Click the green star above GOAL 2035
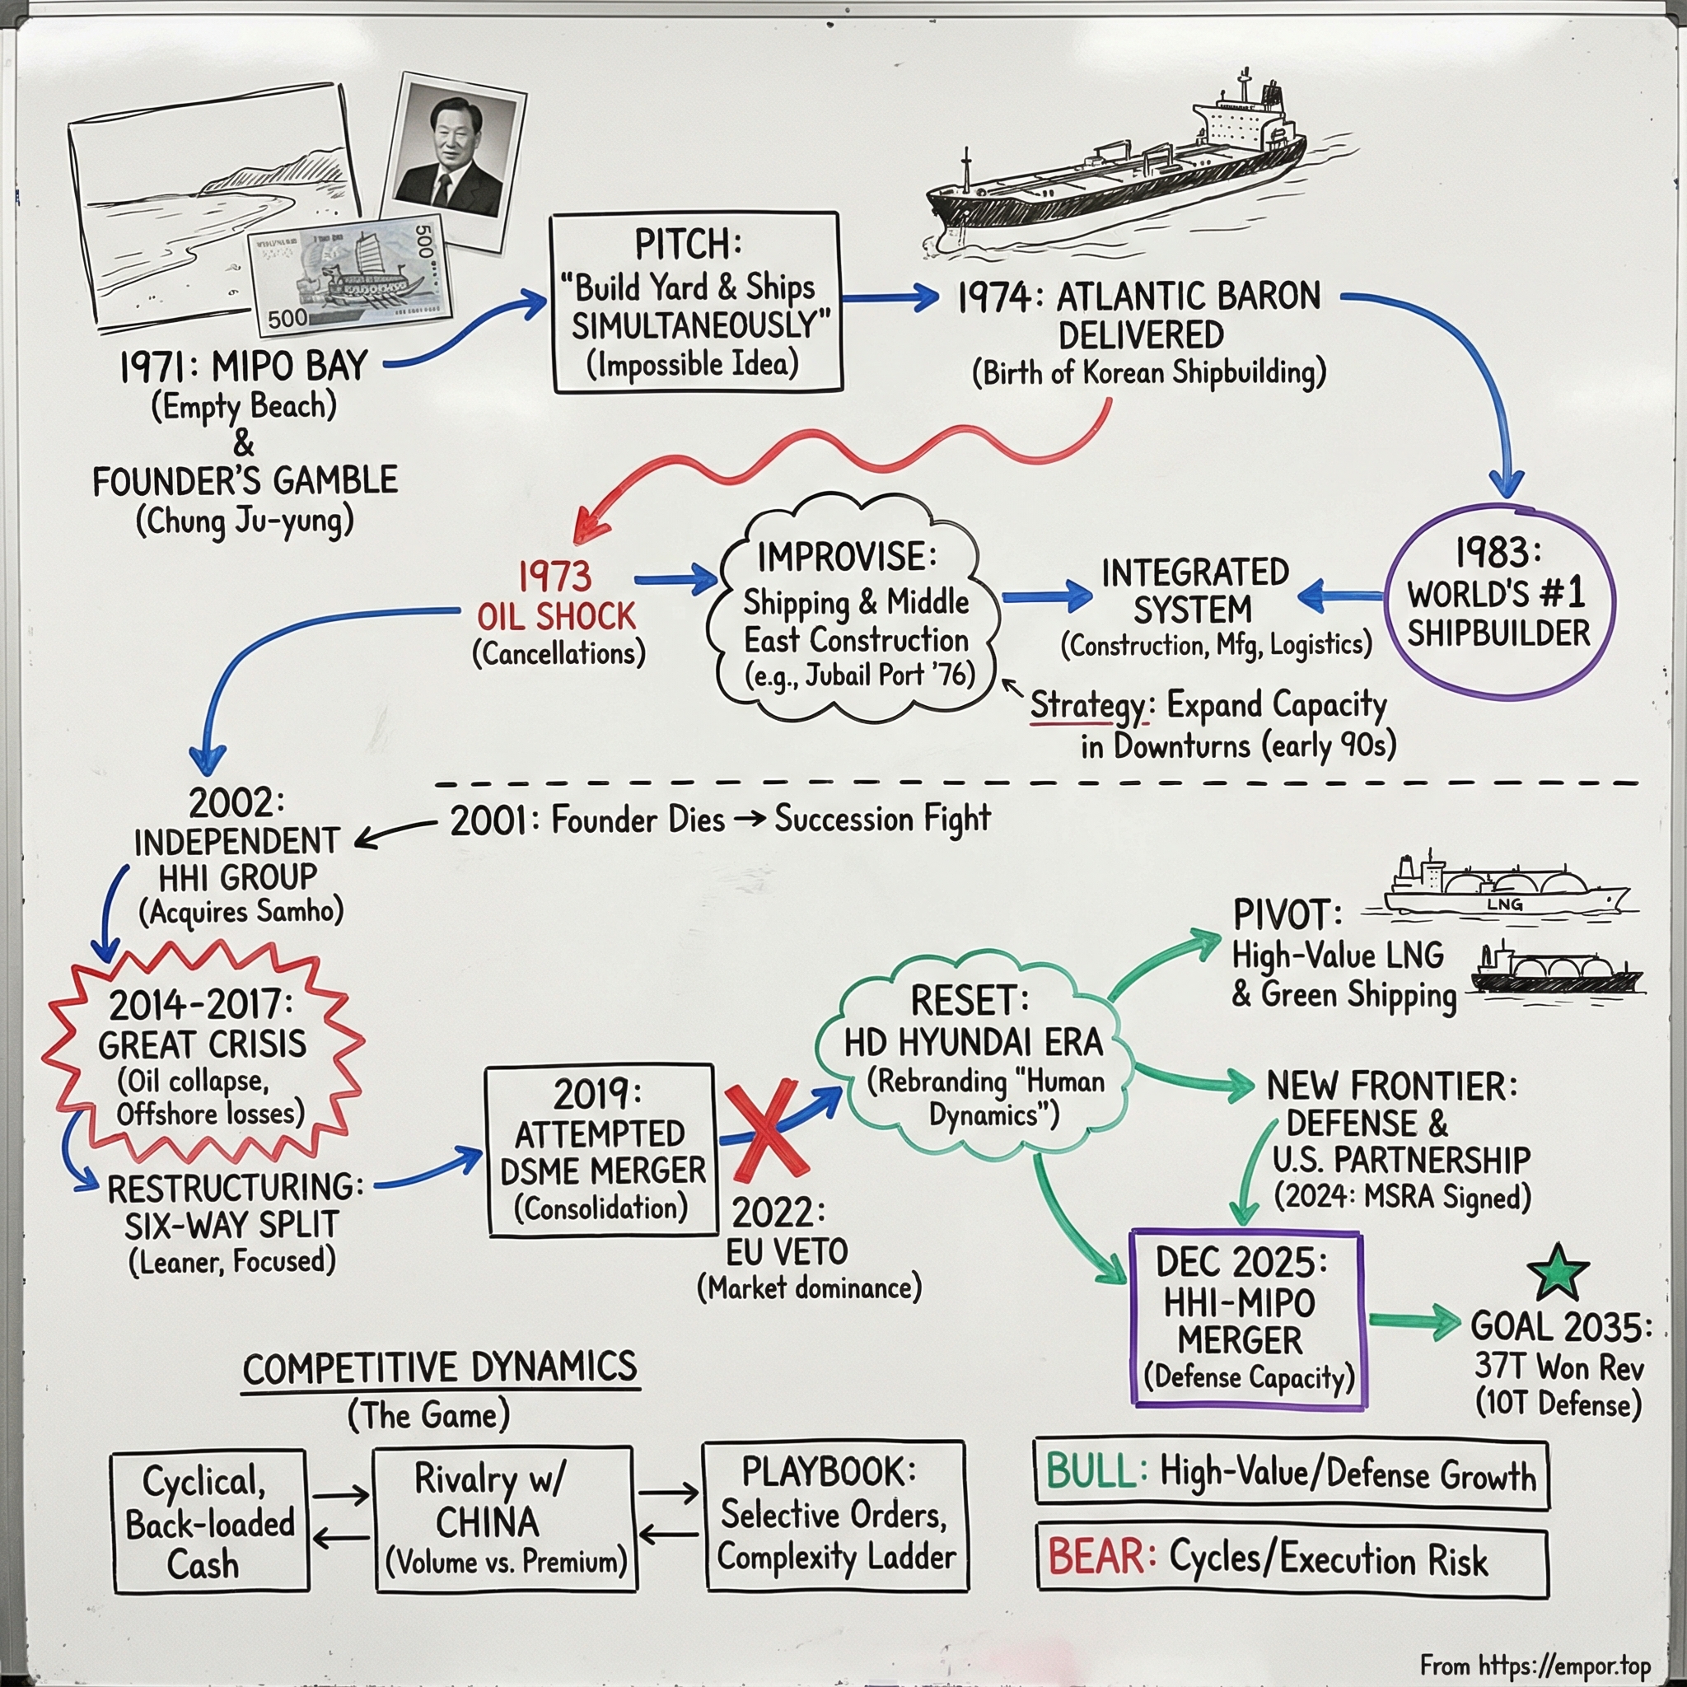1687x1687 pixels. tap(1558, 1271)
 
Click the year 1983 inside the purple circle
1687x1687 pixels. tap(1498, 553)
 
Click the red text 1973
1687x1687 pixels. tap(554, 577)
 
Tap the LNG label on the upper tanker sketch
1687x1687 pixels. tap(1503, 904)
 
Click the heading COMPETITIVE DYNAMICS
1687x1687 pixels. tap(440, 1368)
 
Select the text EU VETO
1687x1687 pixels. tap(787, 1252)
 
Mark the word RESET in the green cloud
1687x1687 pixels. tap(970, 1001)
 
